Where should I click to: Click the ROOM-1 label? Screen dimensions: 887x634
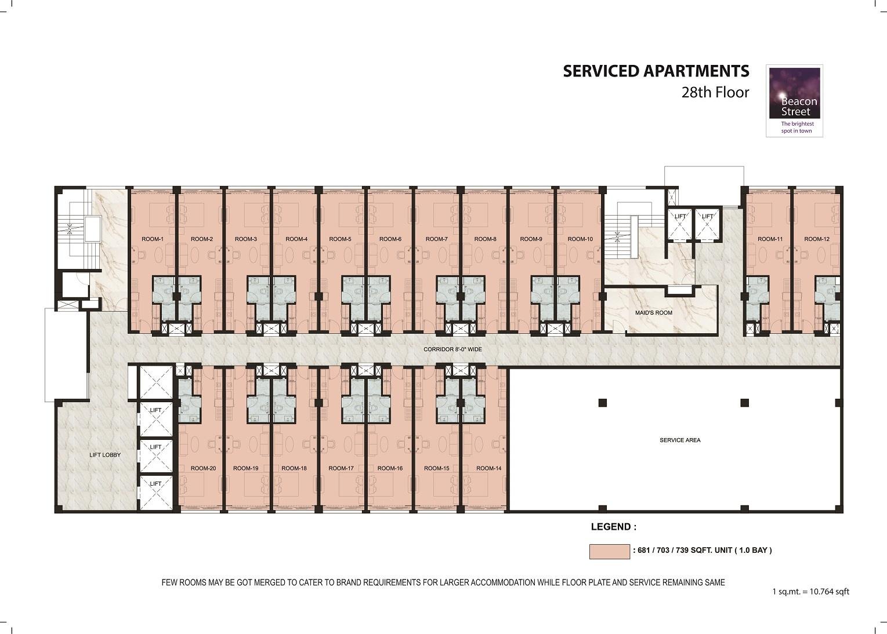(153, 239)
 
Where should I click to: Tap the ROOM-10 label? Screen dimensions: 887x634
(580, 239)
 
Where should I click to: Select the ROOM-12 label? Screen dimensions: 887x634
(816, 239)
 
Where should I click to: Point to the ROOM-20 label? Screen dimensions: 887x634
(203, 468)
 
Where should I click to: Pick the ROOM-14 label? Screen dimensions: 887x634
(488, 468)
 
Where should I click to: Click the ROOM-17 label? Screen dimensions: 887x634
(341, 468)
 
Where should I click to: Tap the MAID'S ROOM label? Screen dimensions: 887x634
(654, 312)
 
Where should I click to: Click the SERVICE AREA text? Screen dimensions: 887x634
(680, 440)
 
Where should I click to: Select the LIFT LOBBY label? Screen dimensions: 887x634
(105, 455)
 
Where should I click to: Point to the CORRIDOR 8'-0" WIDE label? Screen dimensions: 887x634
(452, 349)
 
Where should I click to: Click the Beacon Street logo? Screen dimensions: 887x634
(794, 101)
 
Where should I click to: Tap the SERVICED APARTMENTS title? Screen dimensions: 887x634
(656, 71)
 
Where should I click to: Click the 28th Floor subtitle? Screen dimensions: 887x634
(715, 93)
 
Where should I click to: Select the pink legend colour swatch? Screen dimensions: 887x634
(610, 552)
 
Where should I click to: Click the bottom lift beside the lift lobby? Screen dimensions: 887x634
(155, 493)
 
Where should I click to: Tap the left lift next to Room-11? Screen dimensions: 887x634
(680, 224)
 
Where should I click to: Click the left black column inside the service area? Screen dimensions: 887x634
(602, 403)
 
